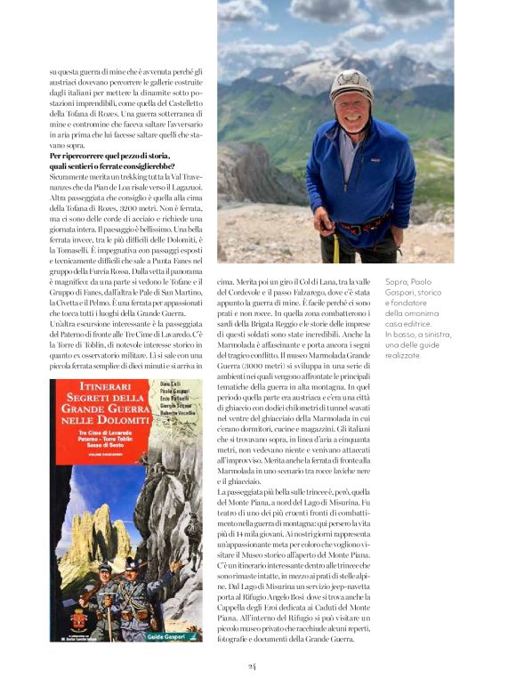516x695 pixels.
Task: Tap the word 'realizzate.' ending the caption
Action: [406, 355]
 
